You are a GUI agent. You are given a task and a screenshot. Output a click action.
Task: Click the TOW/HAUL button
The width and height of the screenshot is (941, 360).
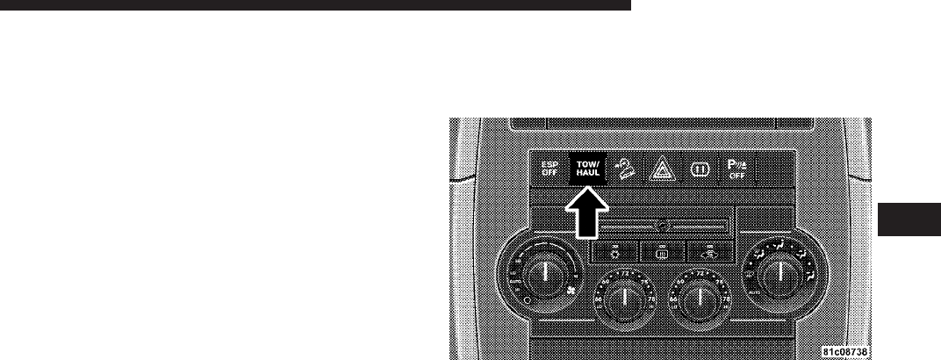[x=583, y=170]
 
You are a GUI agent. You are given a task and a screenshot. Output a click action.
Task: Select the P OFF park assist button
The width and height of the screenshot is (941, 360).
[x=736, y=170]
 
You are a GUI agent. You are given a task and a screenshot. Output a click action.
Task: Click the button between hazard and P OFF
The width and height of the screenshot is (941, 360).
[x=698, y=170]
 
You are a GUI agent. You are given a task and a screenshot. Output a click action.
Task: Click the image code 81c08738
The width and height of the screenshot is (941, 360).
[x=845, y=350]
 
